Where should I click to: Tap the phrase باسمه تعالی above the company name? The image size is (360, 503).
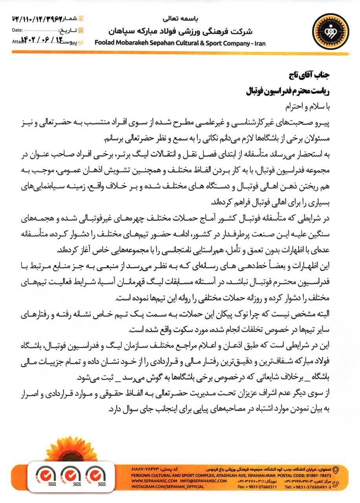180,18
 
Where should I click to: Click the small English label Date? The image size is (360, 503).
17,30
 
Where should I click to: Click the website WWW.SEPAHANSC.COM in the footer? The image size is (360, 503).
149,480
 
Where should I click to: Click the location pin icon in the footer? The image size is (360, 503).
335,469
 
